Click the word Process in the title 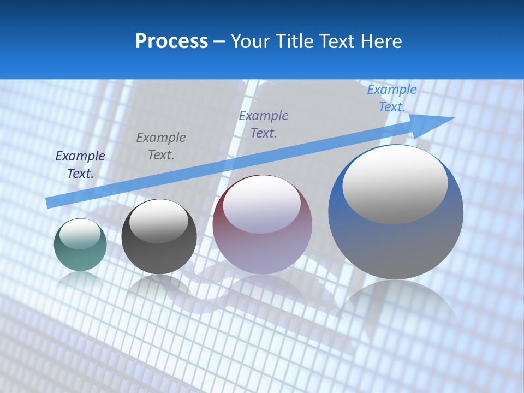point(171,41)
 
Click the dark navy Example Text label point(80,164)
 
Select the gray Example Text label point(161,146)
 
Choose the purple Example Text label point(264,124)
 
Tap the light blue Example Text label point(392,98)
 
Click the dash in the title point(219,41)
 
